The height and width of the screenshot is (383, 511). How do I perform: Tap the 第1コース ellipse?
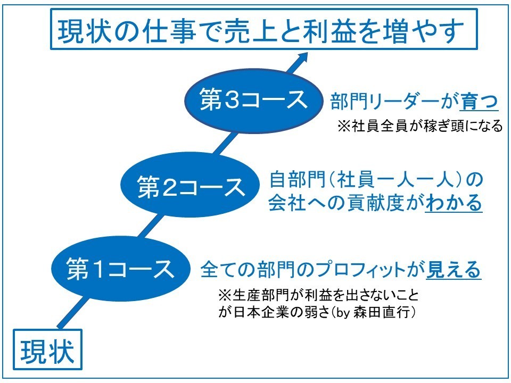point(121,269)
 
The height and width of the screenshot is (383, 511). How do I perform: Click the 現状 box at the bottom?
point(47,349)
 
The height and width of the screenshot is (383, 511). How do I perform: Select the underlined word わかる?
point(454,203)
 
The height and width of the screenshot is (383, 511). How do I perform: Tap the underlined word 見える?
point(454,270)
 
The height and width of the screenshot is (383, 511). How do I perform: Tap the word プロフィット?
point(361,270)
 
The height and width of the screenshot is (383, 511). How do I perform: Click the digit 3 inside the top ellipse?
point(233,99)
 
